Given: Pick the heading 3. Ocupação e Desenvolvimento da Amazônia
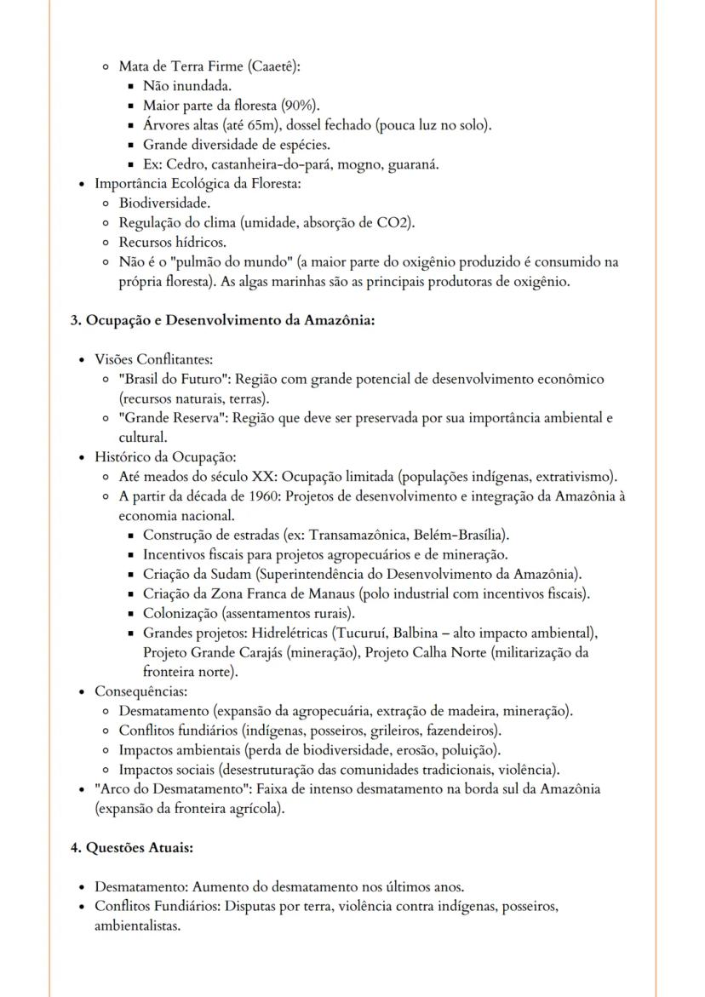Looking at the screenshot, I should coord(222,321).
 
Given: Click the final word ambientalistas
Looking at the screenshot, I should coord(137,925).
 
